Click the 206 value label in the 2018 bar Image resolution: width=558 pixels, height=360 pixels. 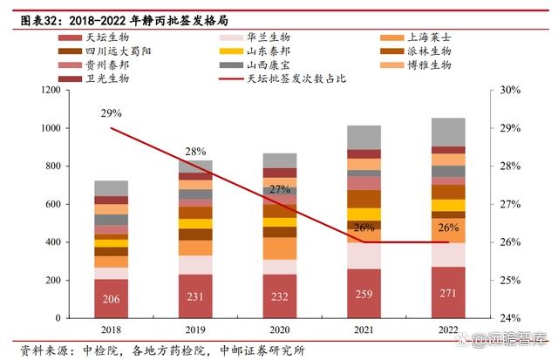(112, 298)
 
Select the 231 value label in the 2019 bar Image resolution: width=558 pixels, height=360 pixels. (195, 296)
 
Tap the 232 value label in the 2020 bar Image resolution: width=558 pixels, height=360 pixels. (279, 296)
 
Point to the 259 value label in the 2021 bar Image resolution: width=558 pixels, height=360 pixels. (364, 294)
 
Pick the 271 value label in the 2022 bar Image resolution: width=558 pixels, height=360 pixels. (448, 293)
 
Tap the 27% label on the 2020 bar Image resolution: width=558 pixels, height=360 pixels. (279, 189)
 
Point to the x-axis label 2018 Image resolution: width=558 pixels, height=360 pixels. (111, 329)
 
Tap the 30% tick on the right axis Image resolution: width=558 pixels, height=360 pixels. (510, 90)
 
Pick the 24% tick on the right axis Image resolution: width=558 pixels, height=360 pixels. (510, 318)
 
